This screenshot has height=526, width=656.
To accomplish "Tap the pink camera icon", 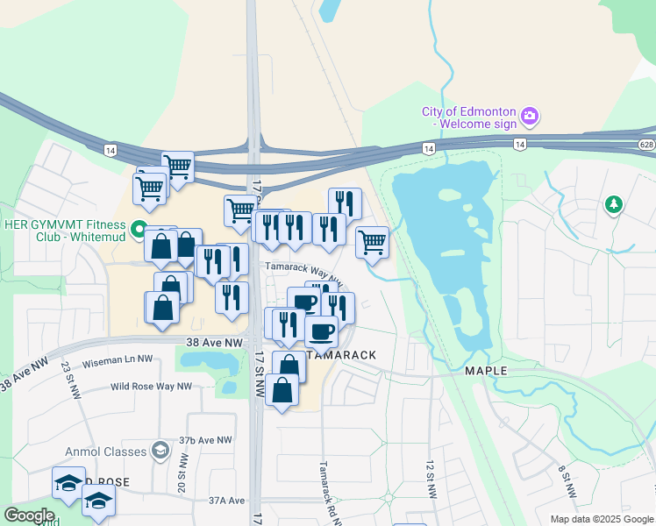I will point(529,116).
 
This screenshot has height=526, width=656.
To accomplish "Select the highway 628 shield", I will point(646,143).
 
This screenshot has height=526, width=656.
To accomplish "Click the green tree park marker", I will point(614,205).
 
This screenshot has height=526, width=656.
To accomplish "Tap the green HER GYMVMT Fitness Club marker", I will point(138,231).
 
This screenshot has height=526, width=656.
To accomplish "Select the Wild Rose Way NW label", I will point(151,386).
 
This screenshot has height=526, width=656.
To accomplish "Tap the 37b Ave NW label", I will point(206,440).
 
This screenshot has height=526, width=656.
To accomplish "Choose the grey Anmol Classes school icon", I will point(160,451).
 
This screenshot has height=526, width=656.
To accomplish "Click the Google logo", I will point(30,515).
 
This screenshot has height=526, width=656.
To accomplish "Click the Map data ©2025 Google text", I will point(601,519).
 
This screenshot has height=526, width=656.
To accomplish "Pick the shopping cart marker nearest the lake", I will point(372,241).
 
